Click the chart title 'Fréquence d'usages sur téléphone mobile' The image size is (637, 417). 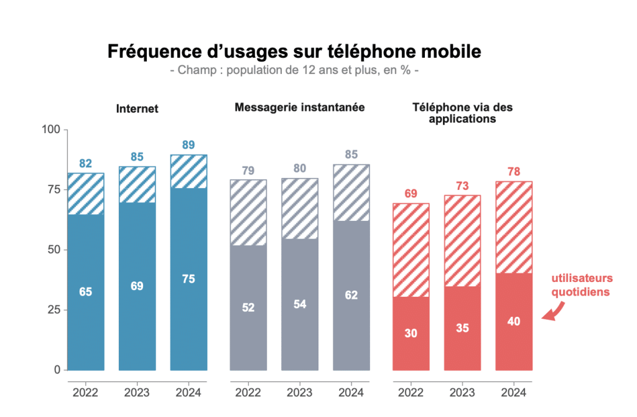[294, 51]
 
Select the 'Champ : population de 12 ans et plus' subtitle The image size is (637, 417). [294, 70]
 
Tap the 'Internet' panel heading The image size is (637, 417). [137, 109]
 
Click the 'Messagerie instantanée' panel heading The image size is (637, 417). [299, 107]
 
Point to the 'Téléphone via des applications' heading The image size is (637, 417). [462, 113]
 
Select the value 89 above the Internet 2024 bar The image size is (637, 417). [188, 145]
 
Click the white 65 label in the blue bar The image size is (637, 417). [86, 291]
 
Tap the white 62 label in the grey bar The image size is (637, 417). [351, 295]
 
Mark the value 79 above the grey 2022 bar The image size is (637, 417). [248, 170]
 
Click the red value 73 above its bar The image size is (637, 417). [462, 185]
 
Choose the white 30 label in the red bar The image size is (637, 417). [411, 333]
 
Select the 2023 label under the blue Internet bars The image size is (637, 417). [137, 393]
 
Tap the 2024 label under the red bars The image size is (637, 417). [514, 393]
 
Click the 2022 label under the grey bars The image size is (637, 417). [248, 393]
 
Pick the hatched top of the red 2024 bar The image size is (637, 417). [514, 227]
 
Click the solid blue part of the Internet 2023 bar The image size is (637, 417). [137, 311]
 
